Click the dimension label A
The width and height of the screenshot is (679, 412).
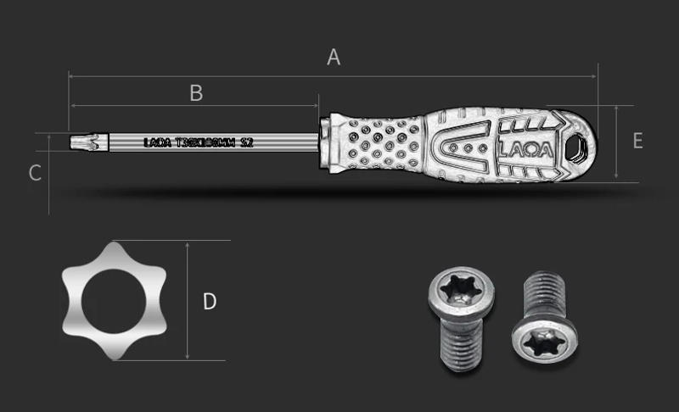point(334,58)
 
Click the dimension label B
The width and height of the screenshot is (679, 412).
point(196,93)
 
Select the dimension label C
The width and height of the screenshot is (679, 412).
point(35,173)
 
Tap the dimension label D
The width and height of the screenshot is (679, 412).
point(210,301)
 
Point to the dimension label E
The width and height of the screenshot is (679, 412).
point(637,141)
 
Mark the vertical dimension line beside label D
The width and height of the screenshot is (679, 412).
point(187,301)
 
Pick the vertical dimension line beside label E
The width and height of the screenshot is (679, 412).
point(615,142)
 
